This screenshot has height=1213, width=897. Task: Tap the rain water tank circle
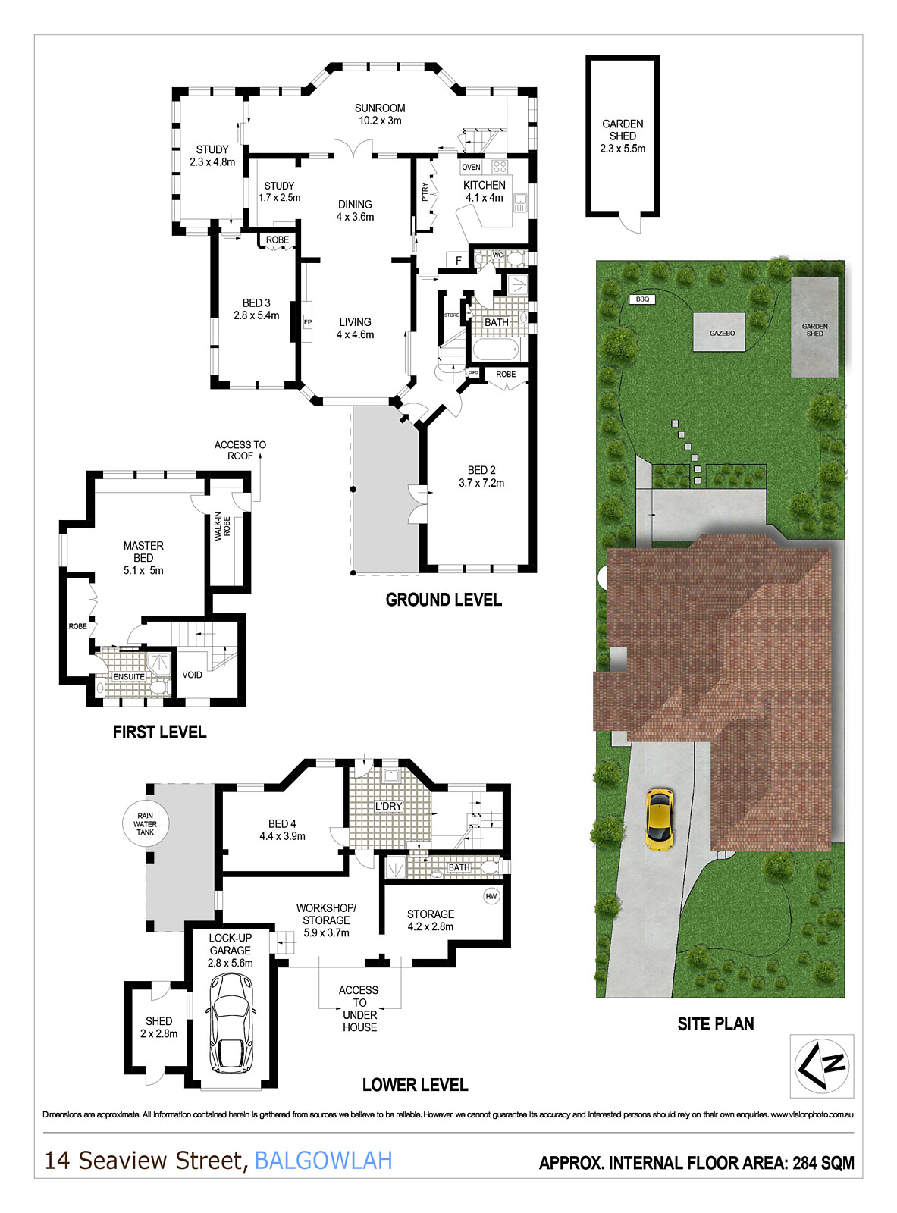(x=146, y=824)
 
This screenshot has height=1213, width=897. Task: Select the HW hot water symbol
(x=491, y=896)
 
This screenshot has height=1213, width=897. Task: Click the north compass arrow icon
(x=822, y=1065)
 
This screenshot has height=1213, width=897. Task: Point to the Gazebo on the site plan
(x=722, y=333)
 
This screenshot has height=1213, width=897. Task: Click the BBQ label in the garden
(x=642, y=299)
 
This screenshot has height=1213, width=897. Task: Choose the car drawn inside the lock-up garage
(x=230, y=1023)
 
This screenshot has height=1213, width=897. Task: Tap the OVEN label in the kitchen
(x=471, y=167)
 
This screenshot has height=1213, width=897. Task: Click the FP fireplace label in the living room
(x=308, y=322)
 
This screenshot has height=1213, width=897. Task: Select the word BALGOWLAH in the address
(x=323, y=1161)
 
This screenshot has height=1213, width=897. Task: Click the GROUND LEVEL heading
(x=444, y=600)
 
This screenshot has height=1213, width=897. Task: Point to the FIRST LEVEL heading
(x=159, y=732)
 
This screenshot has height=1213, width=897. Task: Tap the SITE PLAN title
(x=716, y=1023)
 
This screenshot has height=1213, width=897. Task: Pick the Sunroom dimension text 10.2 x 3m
(x=380, y=121)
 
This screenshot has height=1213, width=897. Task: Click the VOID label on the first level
(x=192, y=675)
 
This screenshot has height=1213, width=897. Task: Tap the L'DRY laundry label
(x=388, y=806)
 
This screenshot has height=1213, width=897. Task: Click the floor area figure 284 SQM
(x=823, y=1163)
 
